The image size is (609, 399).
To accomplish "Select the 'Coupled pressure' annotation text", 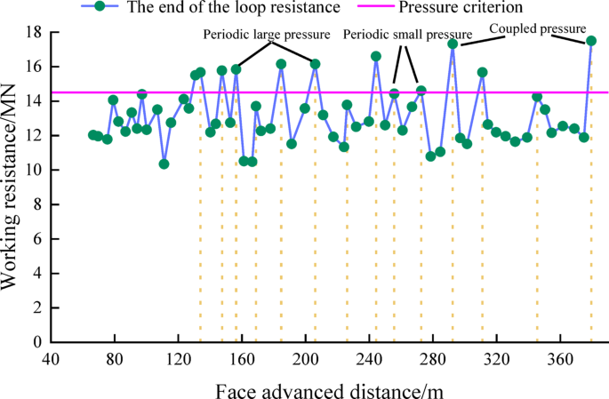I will point(538,28).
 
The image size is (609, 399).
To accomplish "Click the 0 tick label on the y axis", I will point(37,342).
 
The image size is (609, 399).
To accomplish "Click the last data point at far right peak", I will point(591,41).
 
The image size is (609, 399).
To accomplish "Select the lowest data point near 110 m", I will point(164,164).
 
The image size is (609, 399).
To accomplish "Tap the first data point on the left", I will point(92,135).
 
